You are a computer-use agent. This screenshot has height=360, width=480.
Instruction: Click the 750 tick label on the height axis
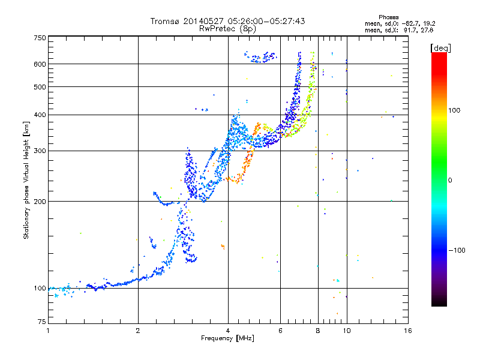pos(40,37)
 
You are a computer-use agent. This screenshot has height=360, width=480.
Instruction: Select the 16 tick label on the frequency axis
pos(407,331)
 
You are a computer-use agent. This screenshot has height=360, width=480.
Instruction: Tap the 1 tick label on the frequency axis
pos(48,331)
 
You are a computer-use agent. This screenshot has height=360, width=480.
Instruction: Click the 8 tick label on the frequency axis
pos(318,331)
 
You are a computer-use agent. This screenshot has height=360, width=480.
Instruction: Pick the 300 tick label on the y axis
pos(40,151)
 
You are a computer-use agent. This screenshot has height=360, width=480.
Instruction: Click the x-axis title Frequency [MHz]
pos(227,339)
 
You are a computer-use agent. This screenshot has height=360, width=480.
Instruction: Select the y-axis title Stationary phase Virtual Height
pos(26,180)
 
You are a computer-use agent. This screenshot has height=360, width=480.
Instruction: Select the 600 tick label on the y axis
pos(40,64)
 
